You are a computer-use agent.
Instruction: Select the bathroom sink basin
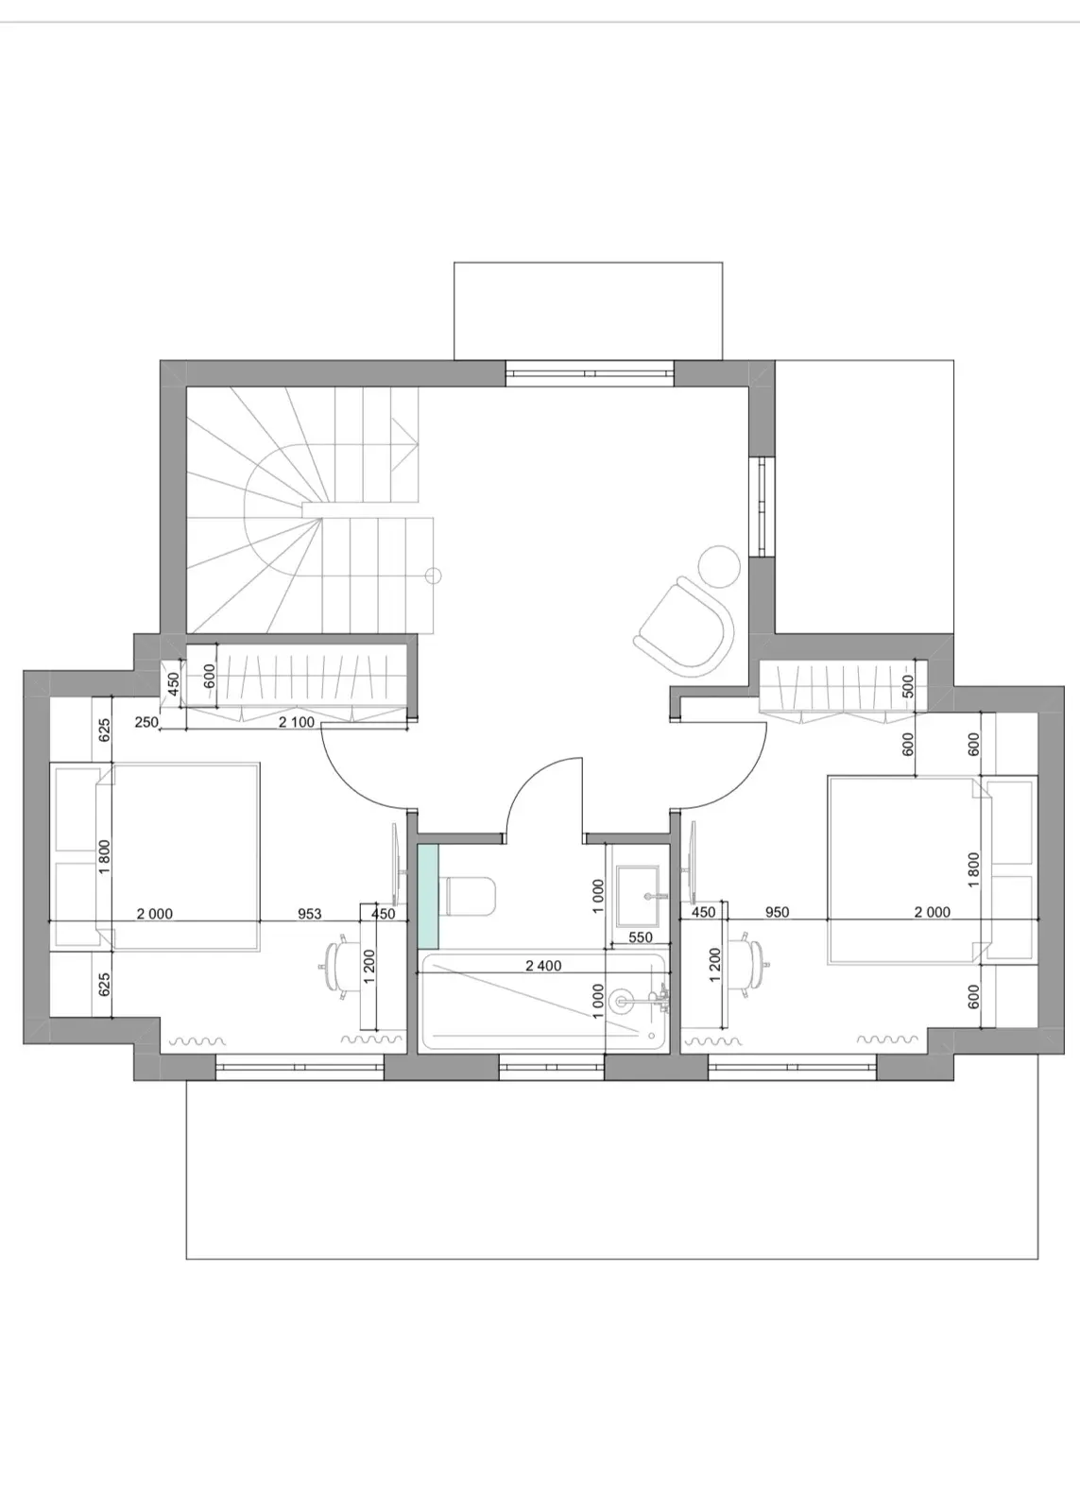(x=637, y=896)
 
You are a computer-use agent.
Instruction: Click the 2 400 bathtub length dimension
(x=543, y=966)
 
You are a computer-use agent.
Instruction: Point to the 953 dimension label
(x=310, y=914)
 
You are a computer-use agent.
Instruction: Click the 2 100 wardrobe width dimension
(x=297, y=722)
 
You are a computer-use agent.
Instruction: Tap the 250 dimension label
(x=146, y=722)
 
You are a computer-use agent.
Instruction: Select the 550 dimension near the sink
(x=641, y=936)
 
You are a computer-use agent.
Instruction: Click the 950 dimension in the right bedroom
(x=777, y=913)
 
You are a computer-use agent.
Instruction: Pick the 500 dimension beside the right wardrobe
(x=908, y=686)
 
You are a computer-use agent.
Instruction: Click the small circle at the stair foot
(x=434, y=576)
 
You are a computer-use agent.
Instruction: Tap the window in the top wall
(x=590, y=372)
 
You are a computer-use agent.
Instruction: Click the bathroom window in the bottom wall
(x=552, y=1067)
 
